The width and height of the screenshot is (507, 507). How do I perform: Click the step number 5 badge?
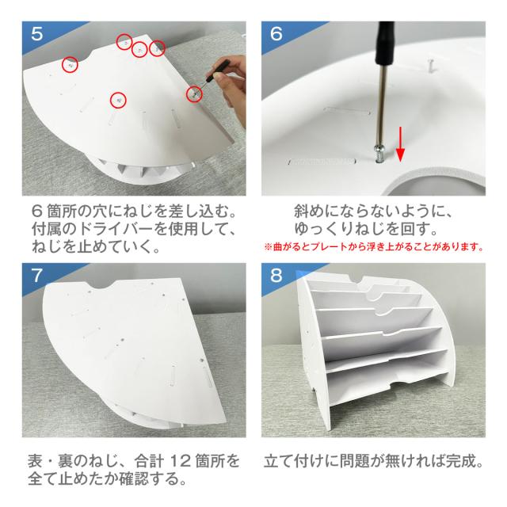pos(37,33)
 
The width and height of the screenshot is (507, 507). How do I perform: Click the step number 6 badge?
pos(276,33)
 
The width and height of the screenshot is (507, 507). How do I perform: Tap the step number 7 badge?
pos(37,276)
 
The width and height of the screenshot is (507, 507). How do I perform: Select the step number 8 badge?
pos(276,276)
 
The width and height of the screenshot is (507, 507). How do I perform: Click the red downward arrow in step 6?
pos(400,144)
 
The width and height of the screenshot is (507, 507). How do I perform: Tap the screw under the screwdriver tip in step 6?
pos(379,154)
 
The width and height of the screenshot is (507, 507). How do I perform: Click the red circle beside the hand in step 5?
pos(194,94)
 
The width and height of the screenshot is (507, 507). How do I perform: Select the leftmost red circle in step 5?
pos(71,64)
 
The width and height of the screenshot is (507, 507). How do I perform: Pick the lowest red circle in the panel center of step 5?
pos(118,100)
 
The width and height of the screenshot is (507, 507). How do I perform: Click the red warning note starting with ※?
pos(374,247)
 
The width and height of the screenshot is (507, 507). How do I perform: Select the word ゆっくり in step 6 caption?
pos(324,229)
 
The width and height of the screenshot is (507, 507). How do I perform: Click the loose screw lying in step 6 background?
pos(431,65)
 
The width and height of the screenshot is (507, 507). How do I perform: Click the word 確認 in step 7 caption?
pos(134,478)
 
